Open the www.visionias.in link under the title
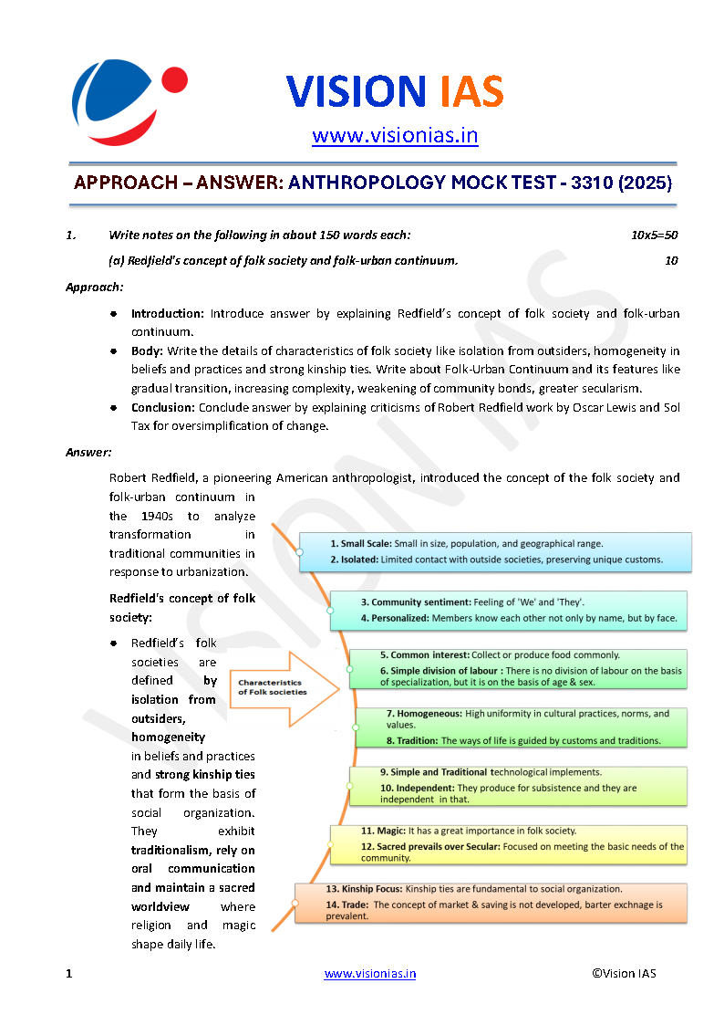pyautogui.click(x=395, y=136)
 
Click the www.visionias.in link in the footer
pyautogui.click(x=370, y=973)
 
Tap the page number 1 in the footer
pyautogui.click(x=68, y=973)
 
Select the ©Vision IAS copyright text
pyautogui.click(x=624, y=973)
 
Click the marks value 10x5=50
pyautogui.click(x=655, y=235)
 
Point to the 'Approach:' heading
pyautogui.click(x=95, y=287)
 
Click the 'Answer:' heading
pyautogui.click(x=89, y=452)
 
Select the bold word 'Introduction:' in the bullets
pyautogui.click(x=168, y=313)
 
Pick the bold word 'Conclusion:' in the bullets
pyautogui.click(x=163, y=407)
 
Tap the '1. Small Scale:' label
pyautogui.click(x=360, y=543)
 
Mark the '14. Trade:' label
pyautogui.click(x=347, y=905)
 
